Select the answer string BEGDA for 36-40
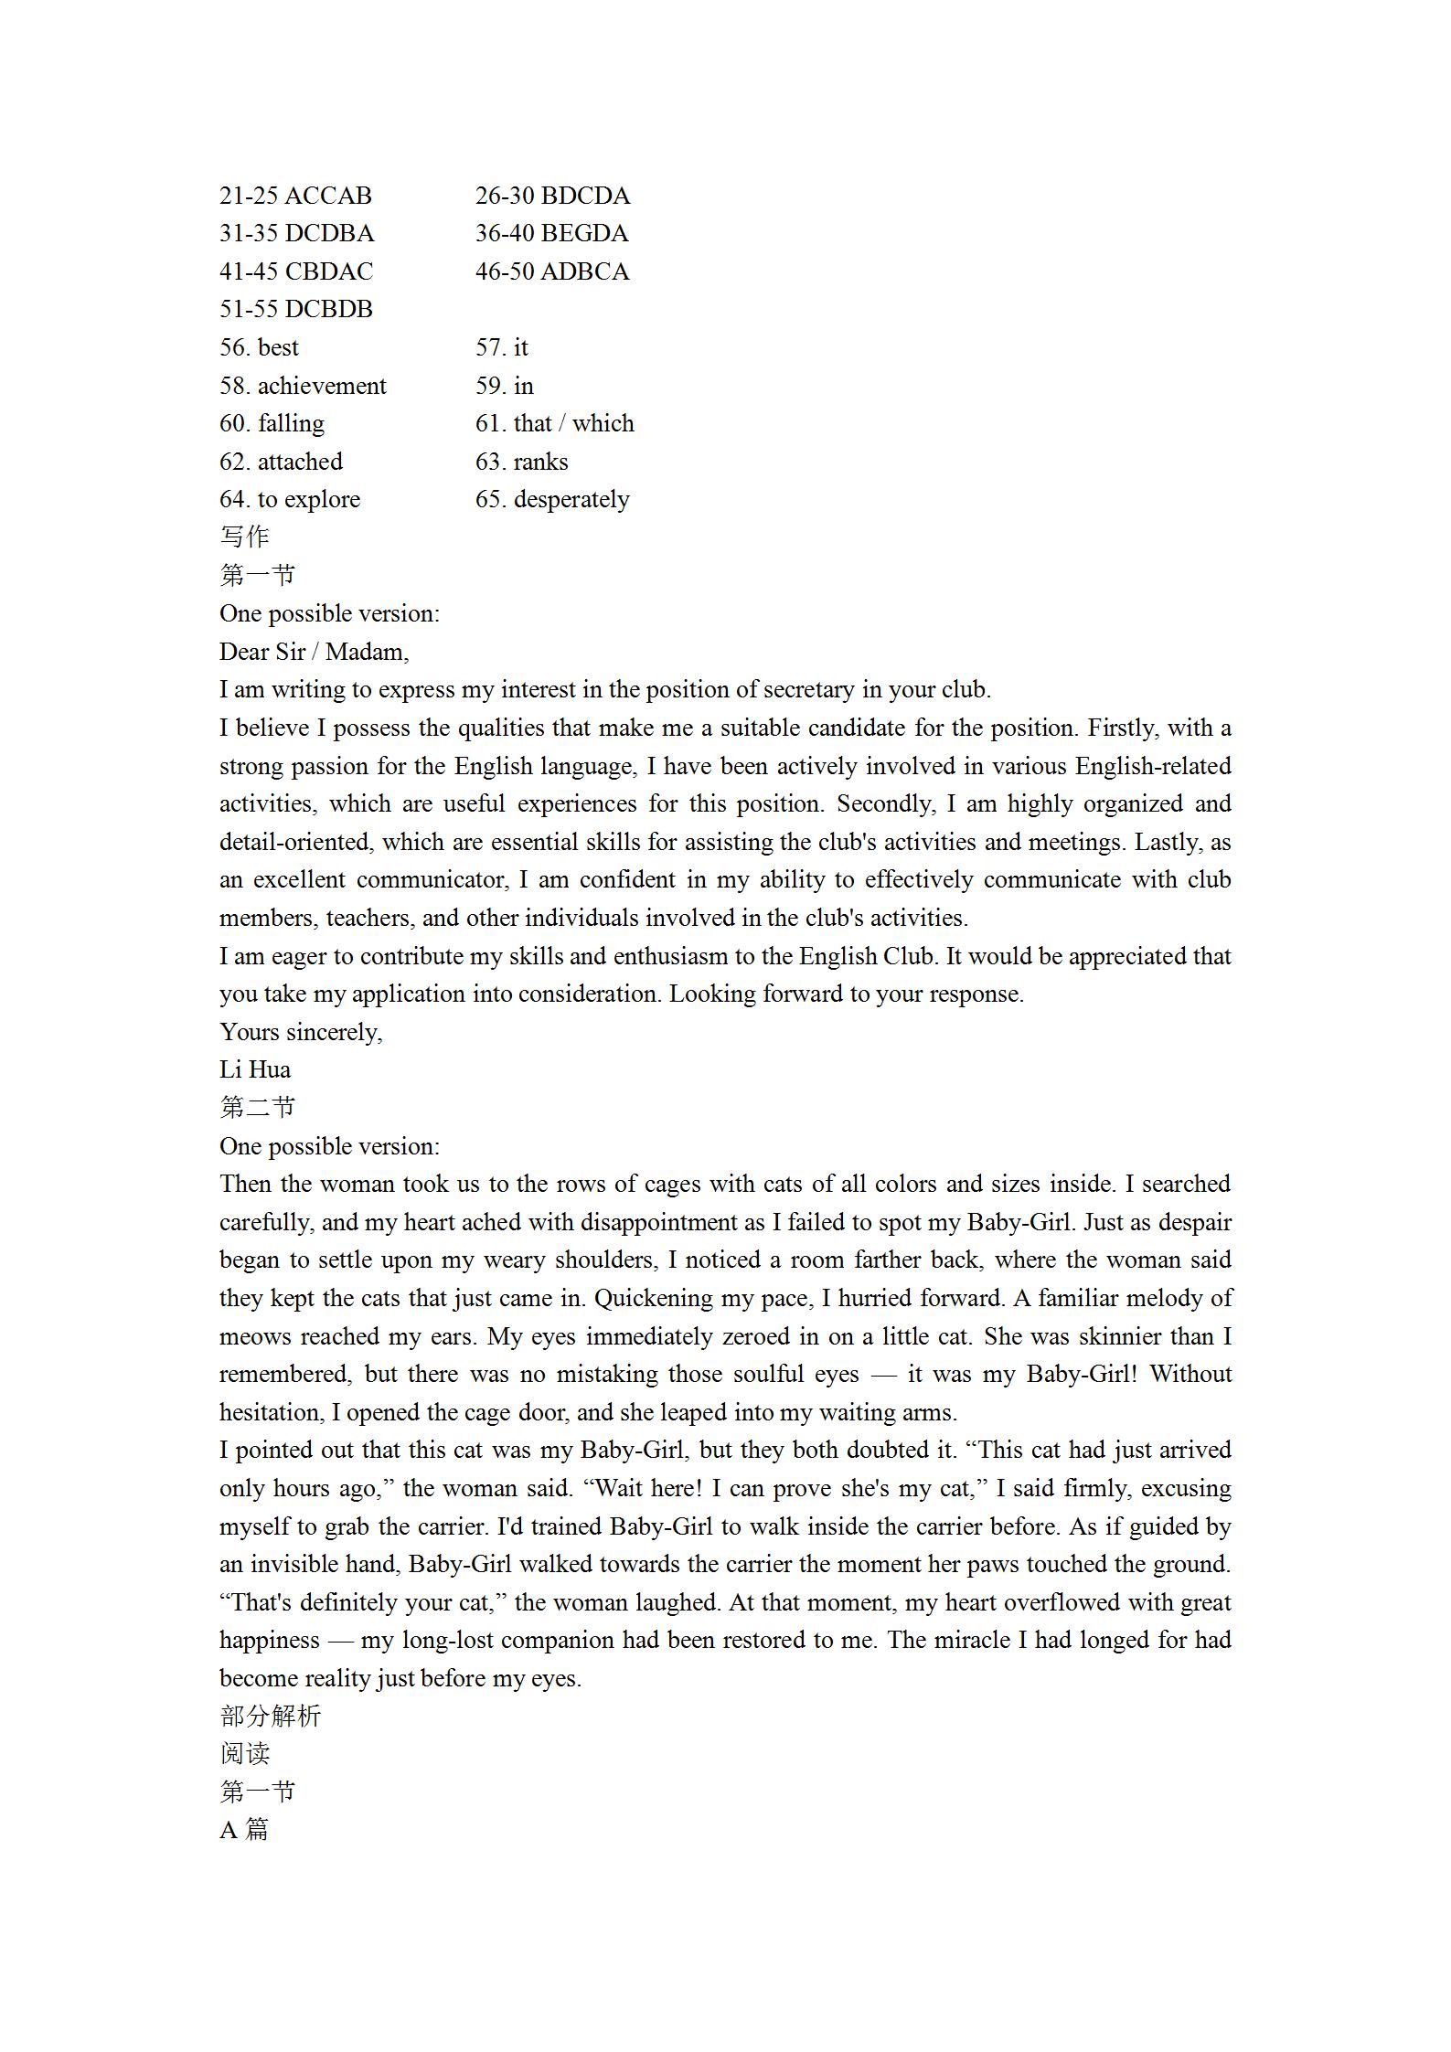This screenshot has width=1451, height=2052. [x=584, y=234]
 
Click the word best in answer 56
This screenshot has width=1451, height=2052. [x=278, y=347]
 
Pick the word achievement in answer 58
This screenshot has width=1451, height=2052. [x=322, y=386]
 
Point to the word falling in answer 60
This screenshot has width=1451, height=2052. [x=291, y=423]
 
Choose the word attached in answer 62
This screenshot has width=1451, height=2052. [x=300, y=462]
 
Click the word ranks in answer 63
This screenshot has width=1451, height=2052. [x=540, y=462]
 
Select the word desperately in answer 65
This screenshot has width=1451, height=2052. [x=571, y=499]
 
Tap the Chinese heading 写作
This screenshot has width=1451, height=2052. [x=244, y=537]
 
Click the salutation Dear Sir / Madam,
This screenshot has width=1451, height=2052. [x=314, y=652]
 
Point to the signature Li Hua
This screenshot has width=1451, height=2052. [x=255, y=1069]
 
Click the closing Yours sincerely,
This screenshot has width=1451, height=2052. [x=301, y=1032]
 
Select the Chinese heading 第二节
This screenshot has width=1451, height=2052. [x=257, y=1108]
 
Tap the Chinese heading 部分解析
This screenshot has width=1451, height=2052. [x=270, y=1717]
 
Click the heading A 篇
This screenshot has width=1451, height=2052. [x=244, y=1830]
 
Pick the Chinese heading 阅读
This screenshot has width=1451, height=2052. [x=244, y=1754]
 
